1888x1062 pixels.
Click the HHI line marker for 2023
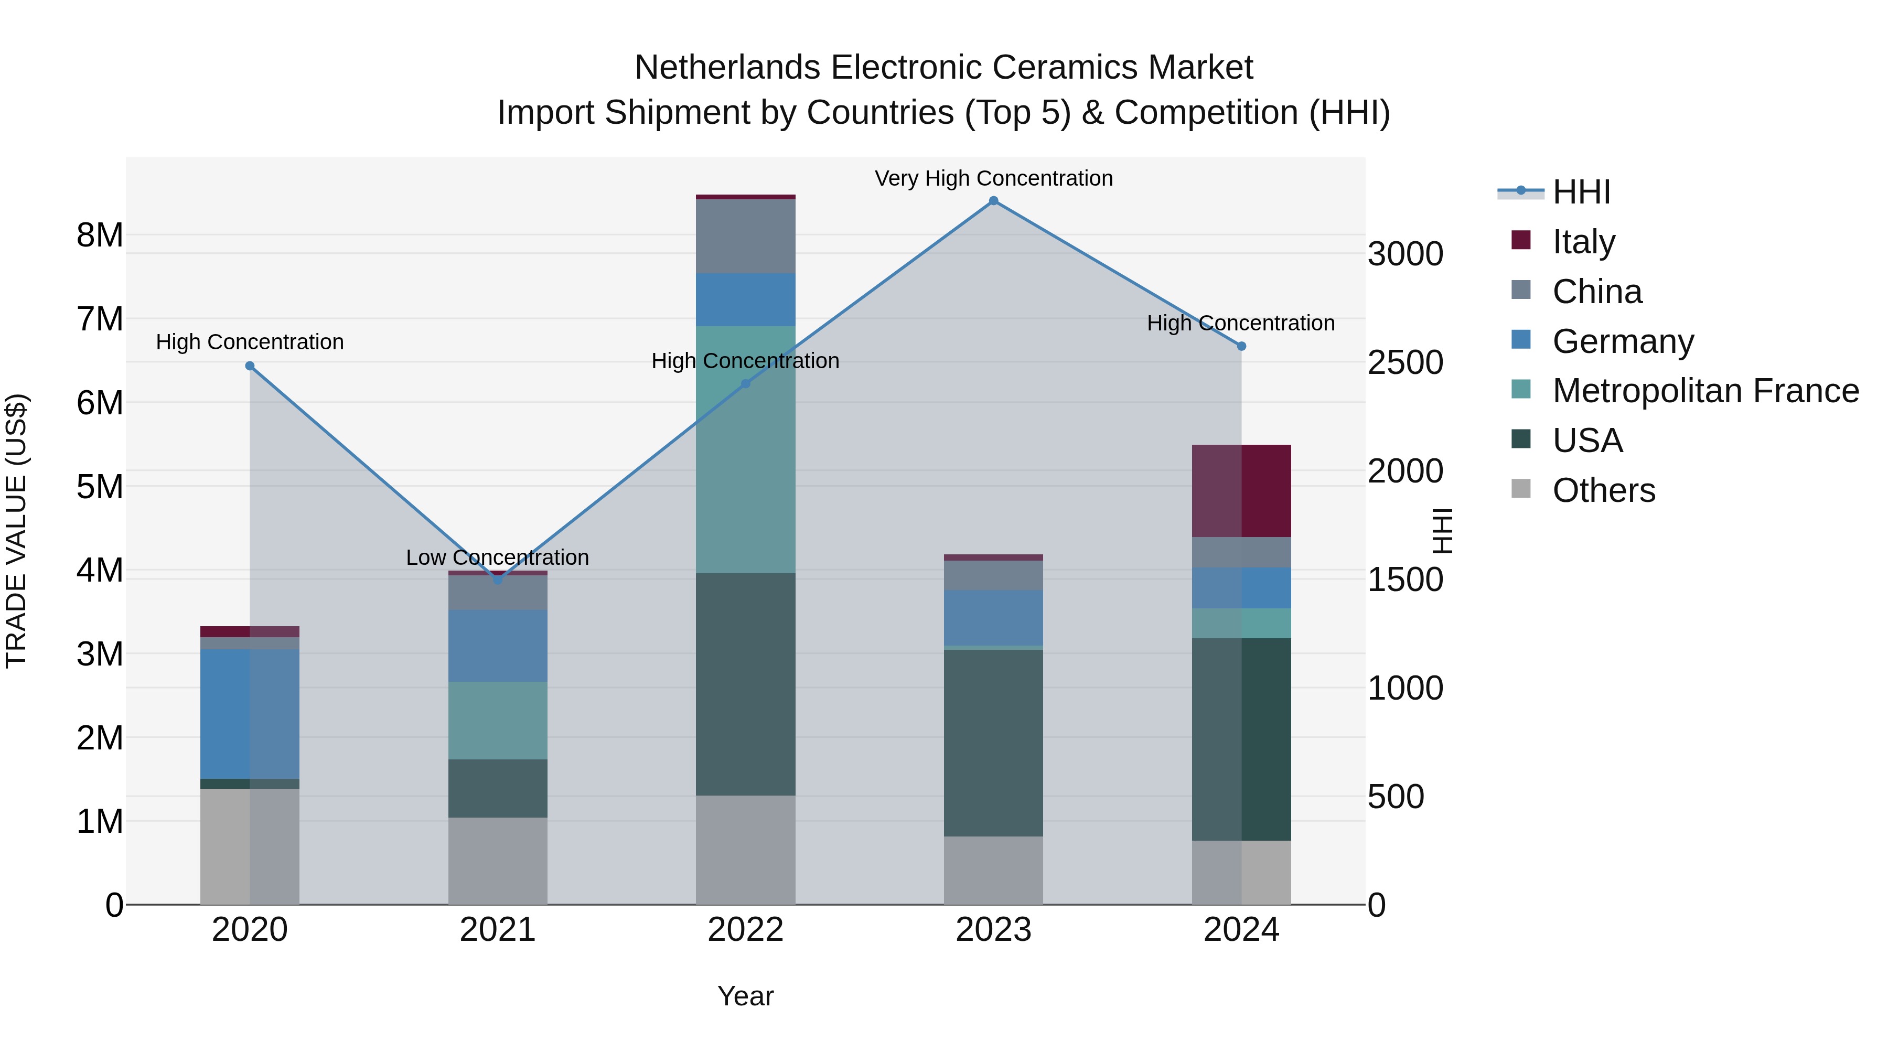click(993, 201)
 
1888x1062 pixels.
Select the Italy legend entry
click(1583, 242)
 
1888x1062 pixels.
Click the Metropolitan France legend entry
click(1705, 391)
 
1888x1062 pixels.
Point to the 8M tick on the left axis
click(100, 235)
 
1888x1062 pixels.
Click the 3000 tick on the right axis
click(1405, 254)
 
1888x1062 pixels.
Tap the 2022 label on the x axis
click(745, 930)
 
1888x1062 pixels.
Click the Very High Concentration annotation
click(993, 178)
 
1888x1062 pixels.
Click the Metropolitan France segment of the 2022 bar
click(745, 449)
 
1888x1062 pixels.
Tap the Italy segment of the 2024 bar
click(1241, 490)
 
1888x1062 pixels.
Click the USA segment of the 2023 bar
click(993, 743)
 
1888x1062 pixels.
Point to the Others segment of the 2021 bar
click(498, 861)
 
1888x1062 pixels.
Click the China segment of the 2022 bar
click(745, 236)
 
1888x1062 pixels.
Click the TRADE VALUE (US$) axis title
click(16, 531)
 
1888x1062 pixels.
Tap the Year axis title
click(745, 996)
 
